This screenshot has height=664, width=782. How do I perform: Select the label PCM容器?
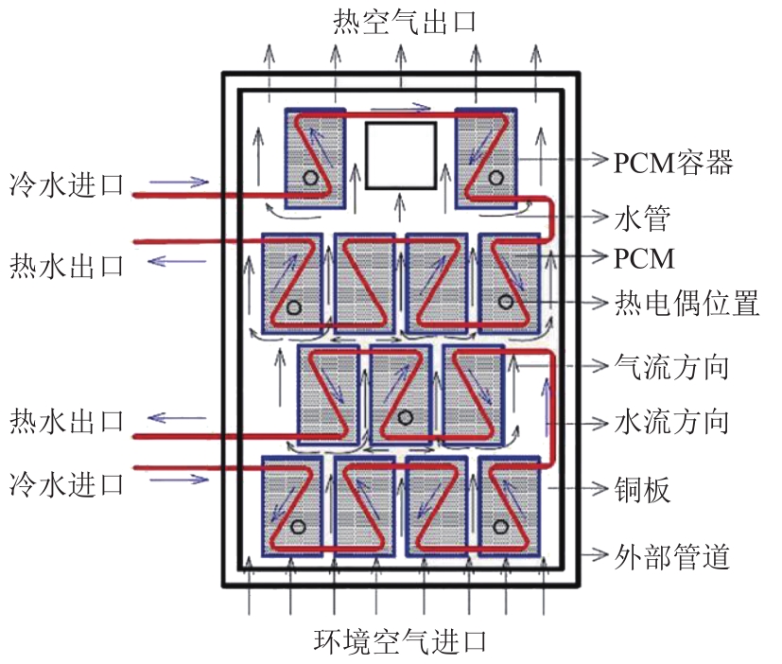[672, 163]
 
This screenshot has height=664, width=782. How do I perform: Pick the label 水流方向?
[672, 420]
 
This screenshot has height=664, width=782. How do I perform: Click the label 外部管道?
[672, 556]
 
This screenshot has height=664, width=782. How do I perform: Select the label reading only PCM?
[644, 257]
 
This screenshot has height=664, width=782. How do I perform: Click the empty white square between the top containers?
[401, 155]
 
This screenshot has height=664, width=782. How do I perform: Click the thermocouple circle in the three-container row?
[405, 417]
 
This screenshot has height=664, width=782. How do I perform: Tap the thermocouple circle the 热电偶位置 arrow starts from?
[506, 302]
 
